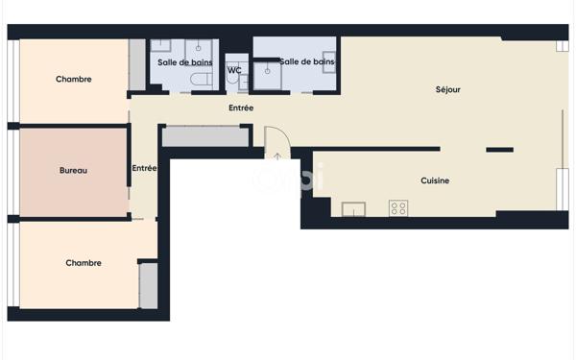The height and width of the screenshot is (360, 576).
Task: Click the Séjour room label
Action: [x=447, y=89]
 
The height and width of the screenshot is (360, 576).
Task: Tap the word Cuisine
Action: [x=435, y=180]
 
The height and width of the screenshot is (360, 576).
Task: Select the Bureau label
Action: [x=73, y=171]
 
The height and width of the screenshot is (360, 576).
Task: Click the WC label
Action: [x=234, y=70]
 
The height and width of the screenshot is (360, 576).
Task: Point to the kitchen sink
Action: [x=353, y=208]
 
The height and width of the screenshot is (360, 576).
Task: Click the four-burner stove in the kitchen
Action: [x=397, y=208]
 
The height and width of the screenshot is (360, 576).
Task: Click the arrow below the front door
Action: [x=277, y=156]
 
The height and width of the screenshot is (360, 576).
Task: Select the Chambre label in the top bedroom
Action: [x=74, y=80]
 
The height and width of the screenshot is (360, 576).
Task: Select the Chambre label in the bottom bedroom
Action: [x=84, y=263]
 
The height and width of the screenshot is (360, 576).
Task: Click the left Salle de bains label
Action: [x=185, y=62]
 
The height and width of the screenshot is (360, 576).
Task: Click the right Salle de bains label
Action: [x=307, y=61]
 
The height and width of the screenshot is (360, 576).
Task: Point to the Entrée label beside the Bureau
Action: [x=144, y=168]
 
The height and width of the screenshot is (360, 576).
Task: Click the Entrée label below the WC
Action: [x=241, y=108]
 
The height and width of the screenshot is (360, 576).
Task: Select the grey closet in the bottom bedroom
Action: [x=148, y=285]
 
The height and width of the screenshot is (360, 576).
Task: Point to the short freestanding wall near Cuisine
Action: [x=499, y=150]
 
